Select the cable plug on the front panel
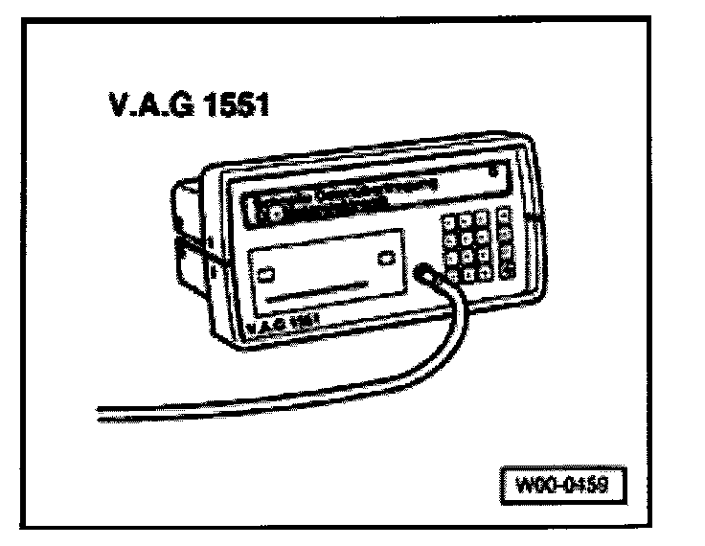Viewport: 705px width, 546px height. pos(425,274)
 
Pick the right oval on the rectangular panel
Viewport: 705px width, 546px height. pos(387,258)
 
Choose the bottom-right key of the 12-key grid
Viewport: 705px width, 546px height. pos(483,269)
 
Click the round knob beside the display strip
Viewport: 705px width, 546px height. pos(275,213)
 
